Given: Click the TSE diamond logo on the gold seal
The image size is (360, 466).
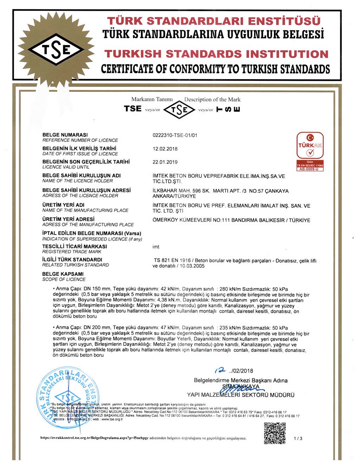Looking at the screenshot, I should point(56,50).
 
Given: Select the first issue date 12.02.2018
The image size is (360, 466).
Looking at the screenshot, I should point(165,149).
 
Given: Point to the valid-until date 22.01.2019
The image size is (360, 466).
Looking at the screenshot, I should point(165,162).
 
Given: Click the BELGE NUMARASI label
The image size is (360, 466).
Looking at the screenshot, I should point(65,135).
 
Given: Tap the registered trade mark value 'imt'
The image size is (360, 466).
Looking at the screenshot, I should point(156,247).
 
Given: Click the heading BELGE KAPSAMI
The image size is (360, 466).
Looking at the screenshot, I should point(63,274).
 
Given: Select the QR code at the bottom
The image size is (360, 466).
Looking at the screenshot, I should point(275,433).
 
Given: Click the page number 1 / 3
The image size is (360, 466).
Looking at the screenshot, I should point(298,439).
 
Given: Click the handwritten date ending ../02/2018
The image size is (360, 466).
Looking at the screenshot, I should point(234,371).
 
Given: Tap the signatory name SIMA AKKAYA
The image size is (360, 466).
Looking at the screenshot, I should point(241,387).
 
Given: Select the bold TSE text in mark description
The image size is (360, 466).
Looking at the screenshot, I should point(133,109).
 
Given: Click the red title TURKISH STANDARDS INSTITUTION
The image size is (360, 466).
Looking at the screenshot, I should point(217,54).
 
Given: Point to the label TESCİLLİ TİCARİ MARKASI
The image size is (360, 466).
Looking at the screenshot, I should point(75,247).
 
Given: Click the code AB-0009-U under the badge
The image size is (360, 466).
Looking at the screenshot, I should point(310,169).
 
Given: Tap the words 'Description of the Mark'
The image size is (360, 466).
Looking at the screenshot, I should point(212,100).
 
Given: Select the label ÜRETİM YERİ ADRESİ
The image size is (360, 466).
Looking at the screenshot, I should point(68,219).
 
